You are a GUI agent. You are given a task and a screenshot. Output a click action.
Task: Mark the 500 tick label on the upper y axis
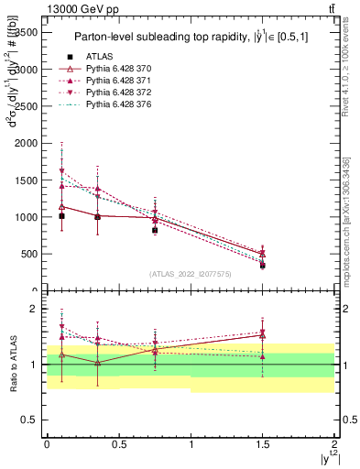point(28,254)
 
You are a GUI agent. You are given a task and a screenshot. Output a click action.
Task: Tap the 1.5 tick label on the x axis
point(263,443)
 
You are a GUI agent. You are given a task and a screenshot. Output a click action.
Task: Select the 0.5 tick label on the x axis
point(118,443)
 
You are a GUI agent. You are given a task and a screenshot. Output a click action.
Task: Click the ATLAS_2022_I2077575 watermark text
point(191,273)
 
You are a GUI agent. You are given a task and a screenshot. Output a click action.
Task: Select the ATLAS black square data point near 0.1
point(61,216)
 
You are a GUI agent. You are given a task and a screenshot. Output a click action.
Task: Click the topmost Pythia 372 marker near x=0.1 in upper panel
point(61,171)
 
